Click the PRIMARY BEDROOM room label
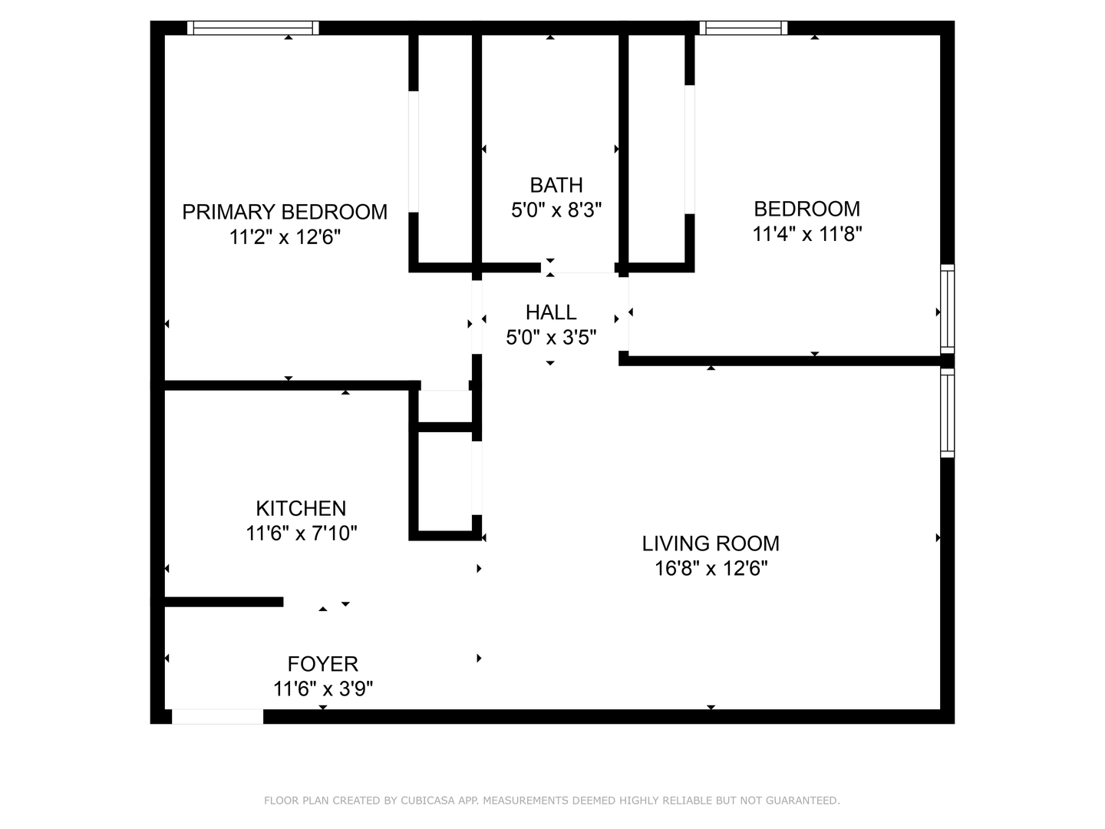[x=285, y=212]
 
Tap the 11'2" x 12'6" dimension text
[x=285, y=236]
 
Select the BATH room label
[x=556, y=185]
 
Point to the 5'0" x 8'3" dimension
[x=556, y=210]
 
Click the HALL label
[x=551, y=312]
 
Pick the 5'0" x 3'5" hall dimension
[x=551, y=337]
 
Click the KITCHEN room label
[x=301, y=508]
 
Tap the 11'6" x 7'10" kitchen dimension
[x=301, y=533]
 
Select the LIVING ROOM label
[x=711, y=543]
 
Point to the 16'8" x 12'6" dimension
[x=711, y=569]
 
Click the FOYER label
[x=323, y=664]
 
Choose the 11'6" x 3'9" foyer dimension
[x=323, y=689]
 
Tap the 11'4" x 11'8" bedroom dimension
[x=807, y=234]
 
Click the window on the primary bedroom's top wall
[x=252, y=28]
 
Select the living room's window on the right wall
[x=948, y=413]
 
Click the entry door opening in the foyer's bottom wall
[x=217, y=717]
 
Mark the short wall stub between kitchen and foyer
[x=224, y=602]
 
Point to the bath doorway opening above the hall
[x=578, y=268]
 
